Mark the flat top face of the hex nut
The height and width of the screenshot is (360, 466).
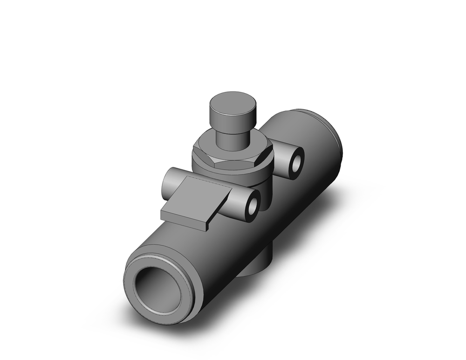tap(210, 145)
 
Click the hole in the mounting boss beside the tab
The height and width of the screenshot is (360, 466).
tap(254, 205)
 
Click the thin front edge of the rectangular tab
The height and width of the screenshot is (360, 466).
tap(184, 219)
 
